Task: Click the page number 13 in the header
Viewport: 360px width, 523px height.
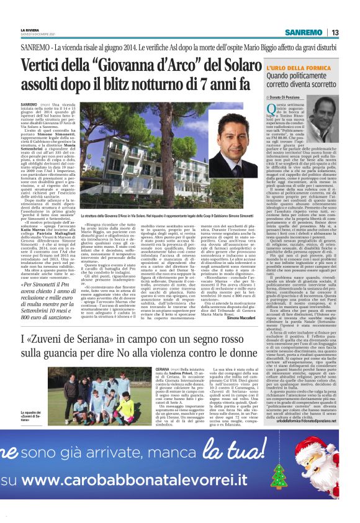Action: (x=335, y=32)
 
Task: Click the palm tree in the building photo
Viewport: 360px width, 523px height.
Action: (x=96, y=186)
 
